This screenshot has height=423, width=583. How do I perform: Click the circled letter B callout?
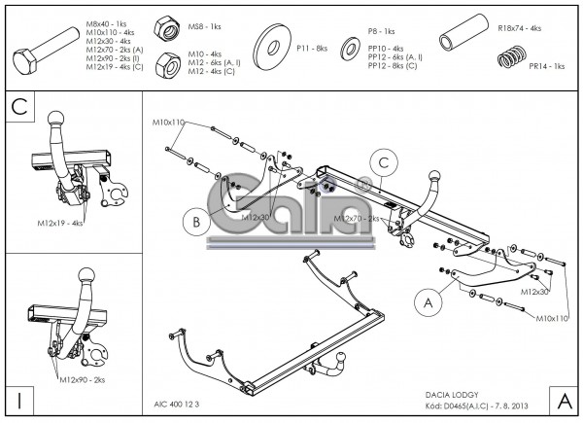[x=195, y=222]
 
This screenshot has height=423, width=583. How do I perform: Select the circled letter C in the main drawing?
[x=385, y=162]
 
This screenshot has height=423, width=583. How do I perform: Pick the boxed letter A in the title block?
[x=564, y=400]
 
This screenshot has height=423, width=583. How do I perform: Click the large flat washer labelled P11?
[x=273, y=46]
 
